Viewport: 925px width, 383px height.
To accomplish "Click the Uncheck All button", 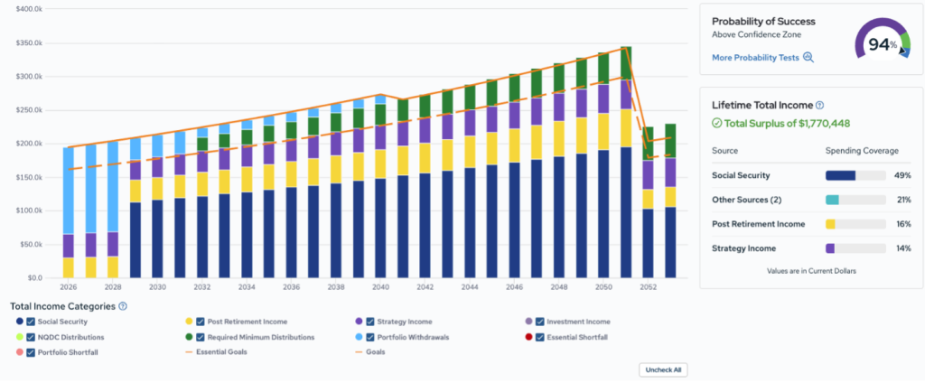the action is (x=663, y=370).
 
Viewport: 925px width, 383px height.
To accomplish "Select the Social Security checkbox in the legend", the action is (x=32, y=322).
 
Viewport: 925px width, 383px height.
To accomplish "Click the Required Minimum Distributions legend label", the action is (x=261, y=337).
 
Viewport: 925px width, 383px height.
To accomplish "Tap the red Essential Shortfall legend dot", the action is (x=528, y=337).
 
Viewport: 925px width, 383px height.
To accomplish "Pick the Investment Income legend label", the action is (x=578, y=322).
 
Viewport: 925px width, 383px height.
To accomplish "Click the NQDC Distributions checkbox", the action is (x=32, y=337).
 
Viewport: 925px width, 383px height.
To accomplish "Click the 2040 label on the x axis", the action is (x=381, y=287).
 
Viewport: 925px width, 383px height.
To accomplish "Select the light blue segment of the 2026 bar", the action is (x=69, y=191).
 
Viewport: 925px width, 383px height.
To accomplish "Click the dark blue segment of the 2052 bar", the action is (x=648, y=243).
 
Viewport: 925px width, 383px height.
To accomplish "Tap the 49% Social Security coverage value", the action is (x=903, y=175).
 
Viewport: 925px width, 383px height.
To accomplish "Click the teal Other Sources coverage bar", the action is (x=832, y=200).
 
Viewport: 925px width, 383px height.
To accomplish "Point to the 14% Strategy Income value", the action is (x=903, y=248).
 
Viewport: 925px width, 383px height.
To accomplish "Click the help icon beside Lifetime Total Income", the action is (x=819, y=105).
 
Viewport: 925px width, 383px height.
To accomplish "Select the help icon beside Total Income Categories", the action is (x=123, y=306).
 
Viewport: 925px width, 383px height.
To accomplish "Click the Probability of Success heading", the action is (x=763, y=22).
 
